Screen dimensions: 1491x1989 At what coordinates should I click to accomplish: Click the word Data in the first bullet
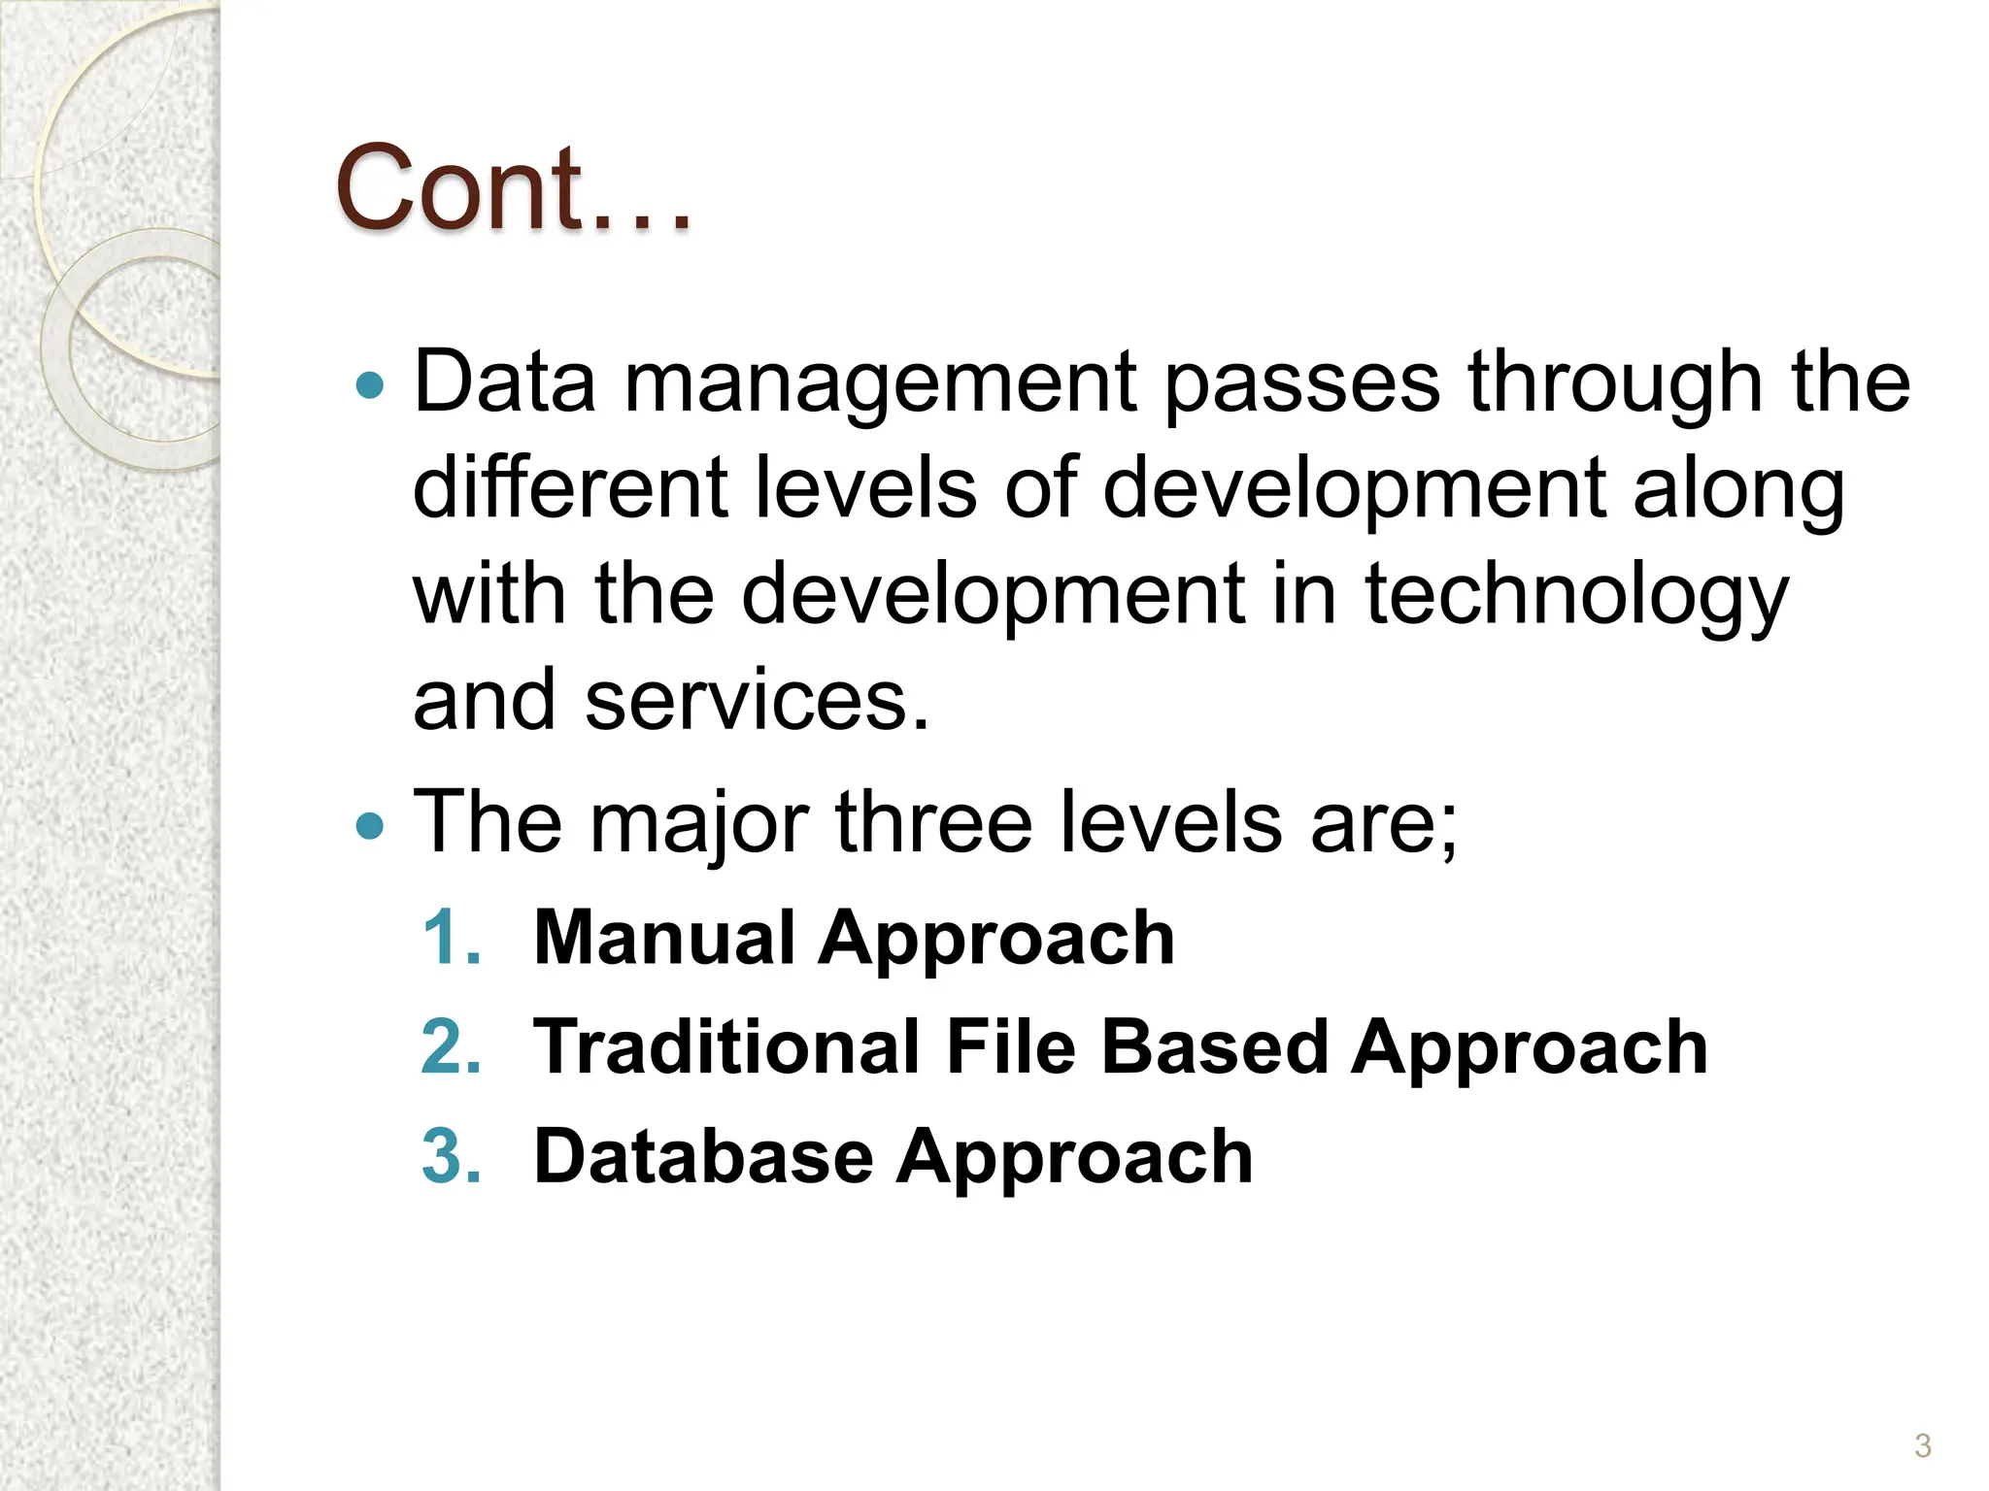504,381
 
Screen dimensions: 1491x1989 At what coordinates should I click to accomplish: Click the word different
570,487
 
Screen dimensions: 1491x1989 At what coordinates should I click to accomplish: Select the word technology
1575,596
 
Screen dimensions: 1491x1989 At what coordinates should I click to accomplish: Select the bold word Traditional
726,1047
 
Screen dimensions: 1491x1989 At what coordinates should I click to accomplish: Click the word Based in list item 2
1214,1047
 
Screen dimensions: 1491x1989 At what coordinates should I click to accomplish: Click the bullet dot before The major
370,827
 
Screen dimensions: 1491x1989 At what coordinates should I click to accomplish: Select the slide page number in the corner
1922,1445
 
